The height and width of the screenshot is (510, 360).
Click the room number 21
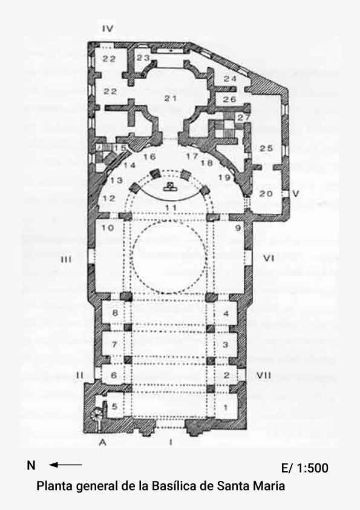point(170,98)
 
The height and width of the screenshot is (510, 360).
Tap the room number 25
point(266,148)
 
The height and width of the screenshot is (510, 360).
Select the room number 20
point(266,194)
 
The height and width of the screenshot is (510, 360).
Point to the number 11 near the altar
point(171,208)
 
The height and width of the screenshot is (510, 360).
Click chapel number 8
point(115,313)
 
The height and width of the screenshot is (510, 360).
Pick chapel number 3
point(226,345)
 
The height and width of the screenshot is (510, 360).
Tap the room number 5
point(114,406)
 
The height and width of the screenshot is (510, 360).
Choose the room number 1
point(226,407)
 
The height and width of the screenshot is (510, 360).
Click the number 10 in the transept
point(108,228)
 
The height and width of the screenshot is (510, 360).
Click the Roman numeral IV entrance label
point(108,28)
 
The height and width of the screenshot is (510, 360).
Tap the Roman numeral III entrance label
point(66,260)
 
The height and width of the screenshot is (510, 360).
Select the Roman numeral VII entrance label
point(264,376)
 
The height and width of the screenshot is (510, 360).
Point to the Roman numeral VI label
point(269,258)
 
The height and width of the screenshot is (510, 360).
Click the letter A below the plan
point(103,442)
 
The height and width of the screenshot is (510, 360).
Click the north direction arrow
point(65,465)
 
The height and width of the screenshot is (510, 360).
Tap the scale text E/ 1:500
point(305,468)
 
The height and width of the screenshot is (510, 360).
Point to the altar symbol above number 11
point(169,187)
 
